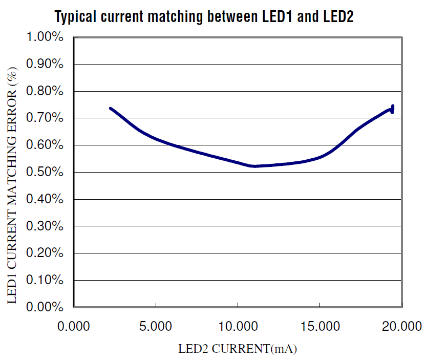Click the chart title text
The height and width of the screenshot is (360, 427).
204,17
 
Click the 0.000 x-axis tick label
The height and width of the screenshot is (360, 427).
74,326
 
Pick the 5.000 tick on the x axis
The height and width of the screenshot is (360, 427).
156,326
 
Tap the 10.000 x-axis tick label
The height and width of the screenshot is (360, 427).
238,326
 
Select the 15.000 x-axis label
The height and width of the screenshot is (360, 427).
319,326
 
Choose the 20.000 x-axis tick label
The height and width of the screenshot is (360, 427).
401,326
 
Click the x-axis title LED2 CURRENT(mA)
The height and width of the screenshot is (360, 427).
238,350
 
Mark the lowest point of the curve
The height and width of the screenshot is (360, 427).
253,166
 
